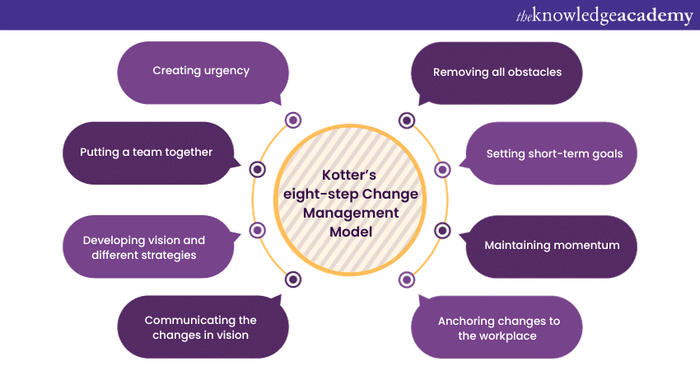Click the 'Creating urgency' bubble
202,72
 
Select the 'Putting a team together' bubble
147,153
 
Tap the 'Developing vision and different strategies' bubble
144,247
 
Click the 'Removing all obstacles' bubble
497,73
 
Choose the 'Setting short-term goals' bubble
554,153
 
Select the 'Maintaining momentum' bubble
552,246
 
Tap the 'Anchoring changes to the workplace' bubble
497,327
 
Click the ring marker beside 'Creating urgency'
293,120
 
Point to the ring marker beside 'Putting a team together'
258,169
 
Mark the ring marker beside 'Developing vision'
257,230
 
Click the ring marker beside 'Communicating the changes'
293,279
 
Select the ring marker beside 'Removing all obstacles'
406,120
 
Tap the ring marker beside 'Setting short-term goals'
442,169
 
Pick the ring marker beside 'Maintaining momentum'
442,230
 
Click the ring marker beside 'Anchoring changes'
406,279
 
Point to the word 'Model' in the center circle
350,233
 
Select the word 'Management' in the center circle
350,214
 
